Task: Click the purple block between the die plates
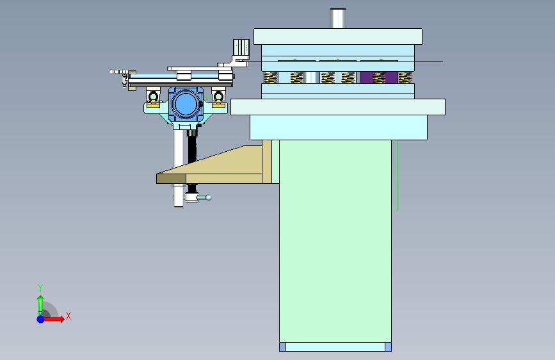379,78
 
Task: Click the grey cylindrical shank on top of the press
337,19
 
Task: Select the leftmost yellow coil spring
270,78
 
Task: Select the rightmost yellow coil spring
405,78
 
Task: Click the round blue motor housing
186,104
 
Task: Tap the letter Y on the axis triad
40,288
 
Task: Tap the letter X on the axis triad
68,316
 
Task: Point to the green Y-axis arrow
41,306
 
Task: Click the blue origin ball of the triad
40,319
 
